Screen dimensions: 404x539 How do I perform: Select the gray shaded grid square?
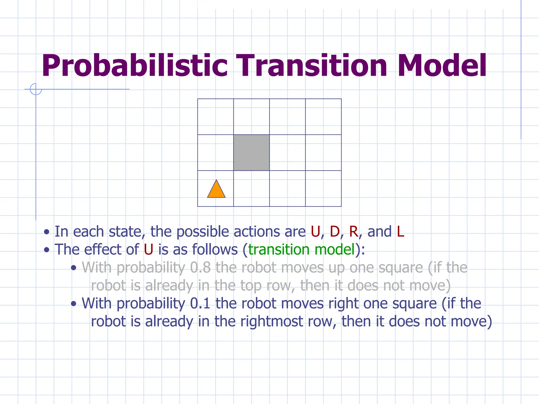(251, 153)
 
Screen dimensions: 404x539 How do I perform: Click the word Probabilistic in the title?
(134, 66)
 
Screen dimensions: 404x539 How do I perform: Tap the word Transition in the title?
(312, 66)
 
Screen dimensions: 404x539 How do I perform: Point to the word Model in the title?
(442, 66)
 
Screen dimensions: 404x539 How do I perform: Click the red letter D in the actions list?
(335, 232)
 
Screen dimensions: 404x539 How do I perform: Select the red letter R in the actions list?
(353, 232)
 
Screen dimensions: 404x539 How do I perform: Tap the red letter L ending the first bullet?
(400, 232)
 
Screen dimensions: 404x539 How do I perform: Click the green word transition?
(279, 250)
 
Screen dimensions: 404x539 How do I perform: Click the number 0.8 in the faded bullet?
(200, 268)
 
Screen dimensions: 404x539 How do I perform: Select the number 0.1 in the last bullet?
(200, 304)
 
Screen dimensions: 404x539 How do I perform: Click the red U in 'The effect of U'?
(148, 250)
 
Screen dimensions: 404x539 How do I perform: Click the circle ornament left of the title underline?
(36, 89)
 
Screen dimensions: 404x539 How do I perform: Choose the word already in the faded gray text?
(169, 286)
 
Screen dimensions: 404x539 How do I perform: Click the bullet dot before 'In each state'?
(47, 232)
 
